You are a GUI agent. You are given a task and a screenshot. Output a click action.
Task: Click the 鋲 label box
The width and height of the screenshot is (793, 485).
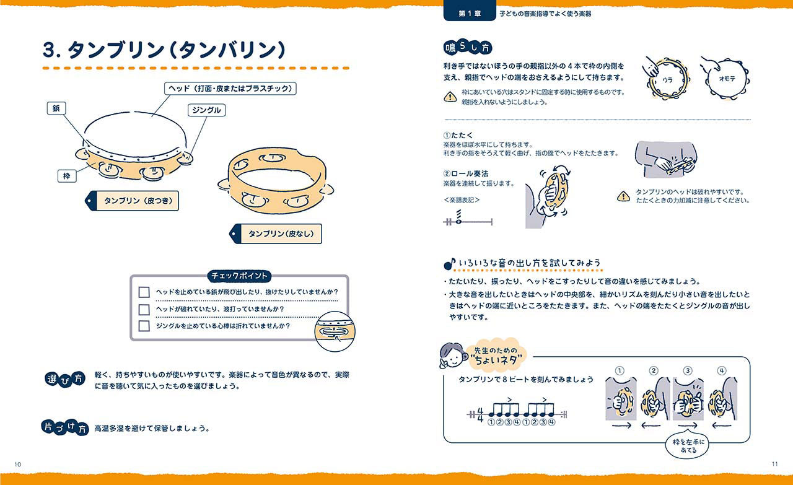click(56, 108)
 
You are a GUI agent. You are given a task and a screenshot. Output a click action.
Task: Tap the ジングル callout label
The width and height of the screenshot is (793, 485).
click(206, 110)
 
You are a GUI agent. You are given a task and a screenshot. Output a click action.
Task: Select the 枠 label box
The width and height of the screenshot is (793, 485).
click(67, 176)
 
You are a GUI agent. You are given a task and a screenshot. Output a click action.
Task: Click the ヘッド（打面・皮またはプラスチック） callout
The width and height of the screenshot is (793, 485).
click(230, 89)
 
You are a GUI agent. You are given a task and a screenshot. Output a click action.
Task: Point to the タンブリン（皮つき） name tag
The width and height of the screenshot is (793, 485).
click(132, 201)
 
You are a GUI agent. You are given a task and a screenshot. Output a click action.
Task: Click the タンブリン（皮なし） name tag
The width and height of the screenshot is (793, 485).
click(276, 234)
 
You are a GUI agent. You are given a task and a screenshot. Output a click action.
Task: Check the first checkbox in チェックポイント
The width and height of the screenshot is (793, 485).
click(144, 292)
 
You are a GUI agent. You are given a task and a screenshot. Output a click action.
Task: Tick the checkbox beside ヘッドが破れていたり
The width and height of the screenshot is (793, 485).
click(144, 310)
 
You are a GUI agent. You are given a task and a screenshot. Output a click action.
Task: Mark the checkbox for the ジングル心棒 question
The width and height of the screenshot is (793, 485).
click(144, 326)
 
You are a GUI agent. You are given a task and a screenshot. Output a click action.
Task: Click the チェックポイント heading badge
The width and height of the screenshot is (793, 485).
click(239, 276)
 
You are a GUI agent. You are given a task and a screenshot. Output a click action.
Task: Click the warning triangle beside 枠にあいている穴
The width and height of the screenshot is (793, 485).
click(450, 97)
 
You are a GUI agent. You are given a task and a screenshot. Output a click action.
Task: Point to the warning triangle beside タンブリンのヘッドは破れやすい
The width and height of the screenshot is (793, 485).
click(623, 196)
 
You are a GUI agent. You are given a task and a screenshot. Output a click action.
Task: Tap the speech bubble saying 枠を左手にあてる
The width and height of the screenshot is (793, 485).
click(688, 446)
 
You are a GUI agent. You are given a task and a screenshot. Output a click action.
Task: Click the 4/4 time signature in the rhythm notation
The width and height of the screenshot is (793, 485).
click(480, 414)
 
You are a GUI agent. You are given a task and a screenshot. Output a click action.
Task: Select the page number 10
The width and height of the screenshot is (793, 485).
click(18, 464)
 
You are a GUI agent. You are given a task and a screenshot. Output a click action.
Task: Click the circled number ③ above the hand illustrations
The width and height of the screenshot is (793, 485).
click(688, 370)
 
